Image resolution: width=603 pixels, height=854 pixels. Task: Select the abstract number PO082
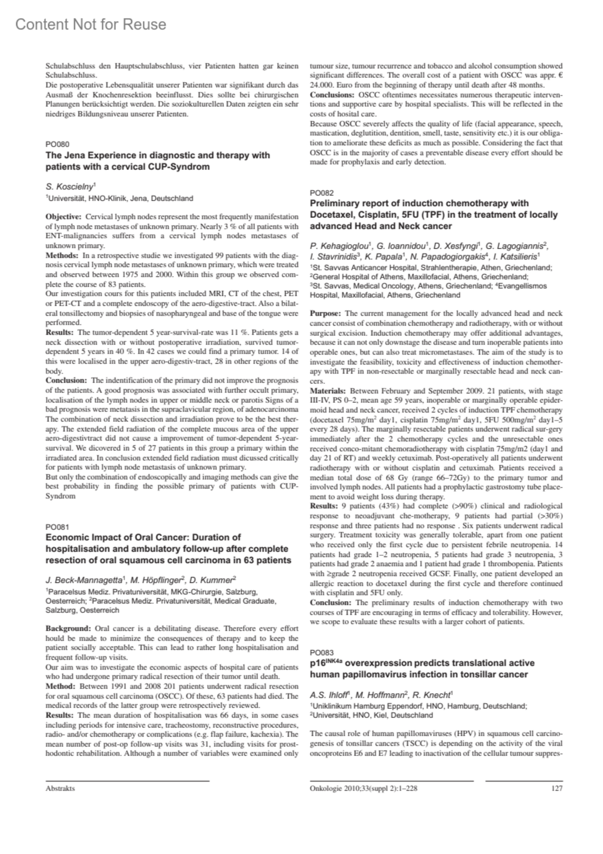point(322,193)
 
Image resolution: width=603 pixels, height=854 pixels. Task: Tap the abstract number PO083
point(322,652)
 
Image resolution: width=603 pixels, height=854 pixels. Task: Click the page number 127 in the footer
point(557,788)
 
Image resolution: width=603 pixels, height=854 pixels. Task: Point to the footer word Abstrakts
point(60,788)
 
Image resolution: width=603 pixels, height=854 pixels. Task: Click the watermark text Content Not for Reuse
point(90,24)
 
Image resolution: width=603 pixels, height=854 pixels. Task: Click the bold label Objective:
point(63,217)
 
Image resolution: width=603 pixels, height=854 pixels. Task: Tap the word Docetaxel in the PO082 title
point(331,215)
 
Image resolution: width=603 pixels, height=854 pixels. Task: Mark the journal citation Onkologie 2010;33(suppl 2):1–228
point(364,788)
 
